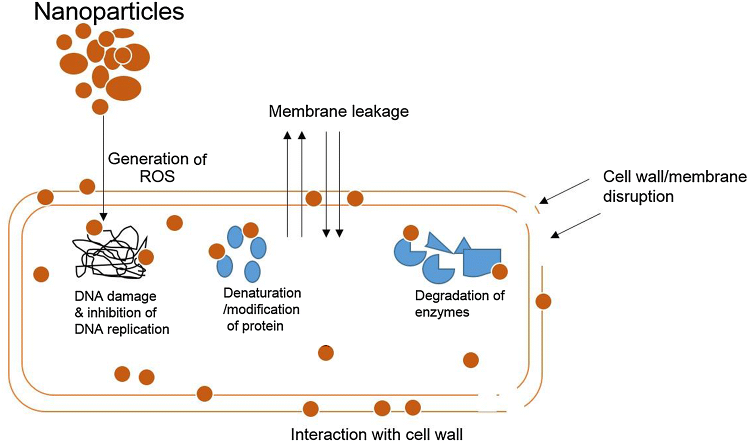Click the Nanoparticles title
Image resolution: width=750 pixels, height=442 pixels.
pos(108,11)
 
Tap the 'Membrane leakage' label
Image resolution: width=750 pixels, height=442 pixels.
pos(338,111)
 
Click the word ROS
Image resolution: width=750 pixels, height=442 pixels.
pos(157,176)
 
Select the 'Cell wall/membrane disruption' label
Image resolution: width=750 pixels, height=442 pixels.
pos(674,186)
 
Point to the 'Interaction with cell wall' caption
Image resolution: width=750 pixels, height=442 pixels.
pos(376,433)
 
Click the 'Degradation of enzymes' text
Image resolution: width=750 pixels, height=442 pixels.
pos(459,303)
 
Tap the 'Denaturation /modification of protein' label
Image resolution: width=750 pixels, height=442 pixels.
pos(262,309)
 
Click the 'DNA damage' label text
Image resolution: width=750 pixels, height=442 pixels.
pos(115,296)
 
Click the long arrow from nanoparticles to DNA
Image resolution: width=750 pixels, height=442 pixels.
pos(103,165)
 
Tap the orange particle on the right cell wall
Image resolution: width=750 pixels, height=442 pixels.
pos(543,301)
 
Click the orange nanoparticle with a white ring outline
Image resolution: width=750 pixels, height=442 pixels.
pos(122,55)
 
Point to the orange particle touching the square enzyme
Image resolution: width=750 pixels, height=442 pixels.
pos(499,271)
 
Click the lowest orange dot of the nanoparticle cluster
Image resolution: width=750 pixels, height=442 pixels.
pos(100,106)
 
